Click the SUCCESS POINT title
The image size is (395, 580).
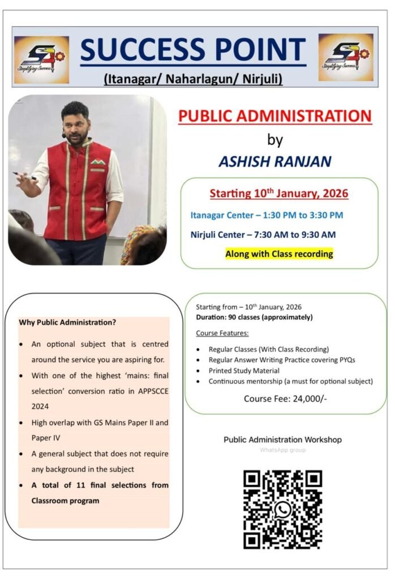coord(193,50)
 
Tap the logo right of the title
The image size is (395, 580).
coord(345,57)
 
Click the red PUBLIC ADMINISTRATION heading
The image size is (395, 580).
coord(275,116)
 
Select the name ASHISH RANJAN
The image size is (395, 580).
coord(274,161)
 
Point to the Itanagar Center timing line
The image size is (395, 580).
coord(266,215)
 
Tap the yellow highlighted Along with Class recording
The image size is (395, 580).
coord(279,254)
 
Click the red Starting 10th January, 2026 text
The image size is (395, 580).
coord(279,194)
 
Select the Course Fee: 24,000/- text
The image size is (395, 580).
coord(285,398)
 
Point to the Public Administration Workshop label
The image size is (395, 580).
coord(282,439)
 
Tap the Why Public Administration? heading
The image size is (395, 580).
coord(67,322)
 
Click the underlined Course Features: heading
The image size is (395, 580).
coord(222,333)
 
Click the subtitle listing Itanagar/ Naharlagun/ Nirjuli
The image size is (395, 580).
coord(193,79)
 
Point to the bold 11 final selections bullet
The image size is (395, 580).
coord(100,493)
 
